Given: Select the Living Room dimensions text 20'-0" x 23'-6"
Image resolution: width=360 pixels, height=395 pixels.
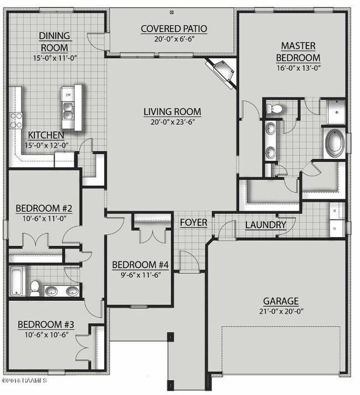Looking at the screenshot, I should pyautogui.click(x=172, y=122).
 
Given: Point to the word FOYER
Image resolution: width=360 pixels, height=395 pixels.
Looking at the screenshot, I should pyautogui.click(x=193, y=223).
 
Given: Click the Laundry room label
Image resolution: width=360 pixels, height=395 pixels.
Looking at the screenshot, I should pyautogui.click(x=266, y=225).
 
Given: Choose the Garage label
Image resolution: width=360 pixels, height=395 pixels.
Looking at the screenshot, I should pyautogui.click(x=280, y=301).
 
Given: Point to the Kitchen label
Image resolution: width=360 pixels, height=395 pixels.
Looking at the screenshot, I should pyautogui.click(x=46, y=135).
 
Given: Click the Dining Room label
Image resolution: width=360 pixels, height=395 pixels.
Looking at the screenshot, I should pyautogui.click(x=54, y=41).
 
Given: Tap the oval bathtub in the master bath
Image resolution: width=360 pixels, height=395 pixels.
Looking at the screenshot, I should pyautogui.click(x=334, y=142).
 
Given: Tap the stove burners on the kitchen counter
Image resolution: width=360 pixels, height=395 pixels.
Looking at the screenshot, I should pyautogui.click(x=15, y=120).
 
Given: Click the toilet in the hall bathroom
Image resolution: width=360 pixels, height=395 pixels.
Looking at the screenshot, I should pyautogui.click(x=35, y=288).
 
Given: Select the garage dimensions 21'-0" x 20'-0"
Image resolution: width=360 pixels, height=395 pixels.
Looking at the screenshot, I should pyautogui.click(x=280, y=311).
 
